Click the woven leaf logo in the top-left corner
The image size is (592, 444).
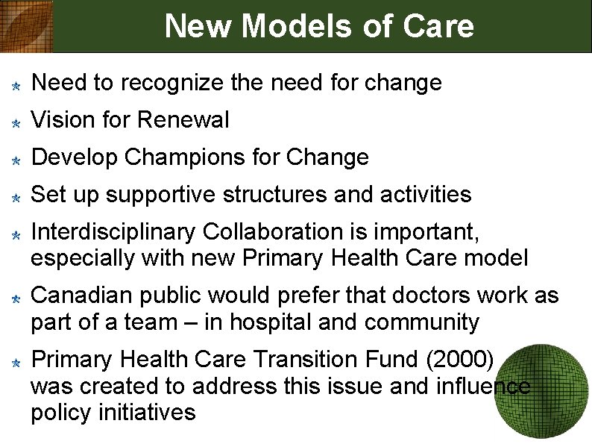click(x=27, y=25)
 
